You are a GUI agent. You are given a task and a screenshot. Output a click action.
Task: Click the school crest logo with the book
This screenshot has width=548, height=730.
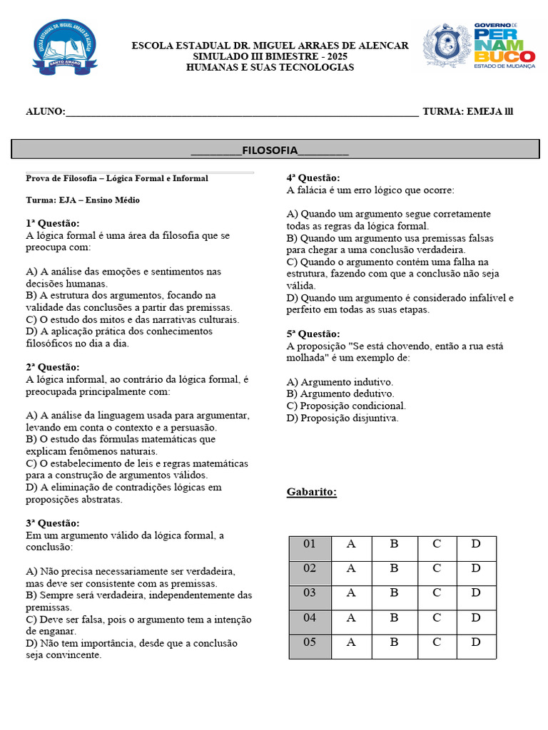tap(65, 46)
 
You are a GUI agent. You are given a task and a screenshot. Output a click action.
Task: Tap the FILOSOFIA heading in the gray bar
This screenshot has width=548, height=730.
tap(270, 150)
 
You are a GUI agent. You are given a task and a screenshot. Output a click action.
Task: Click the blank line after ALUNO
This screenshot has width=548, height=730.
tap(242, 112)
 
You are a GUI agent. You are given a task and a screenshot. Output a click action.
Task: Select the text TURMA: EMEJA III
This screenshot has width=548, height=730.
tap(467, 111)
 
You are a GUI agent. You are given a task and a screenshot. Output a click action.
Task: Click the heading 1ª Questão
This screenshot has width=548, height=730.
tap(53, 223)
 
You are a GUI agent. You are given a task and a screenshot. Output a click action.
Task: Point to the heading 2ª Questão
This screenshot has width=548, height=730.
tap(53, 367)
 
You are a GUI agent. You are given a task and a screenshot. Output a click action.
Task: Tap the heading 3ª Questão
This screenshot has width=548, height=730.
tap(53, 523)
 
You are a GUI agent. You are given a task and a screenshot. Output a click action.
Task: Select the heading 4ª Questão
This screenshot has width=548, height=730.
tap(313, 178)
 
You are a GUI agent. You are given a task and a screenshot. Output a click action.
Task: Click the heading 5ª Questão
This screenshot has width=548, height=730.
tap(313, 334)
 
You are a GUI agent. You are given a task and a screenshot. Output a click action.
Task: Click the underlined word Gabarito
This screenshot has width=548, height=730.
tap(312, 492)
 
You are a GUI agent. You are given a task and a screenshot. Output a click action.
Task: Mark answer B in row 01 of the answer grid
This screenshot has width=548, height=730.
tap(394, 545)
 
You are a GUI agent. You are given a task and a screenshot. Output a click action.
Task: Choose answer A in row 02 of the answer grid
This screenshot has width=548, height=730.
tap(351, 569)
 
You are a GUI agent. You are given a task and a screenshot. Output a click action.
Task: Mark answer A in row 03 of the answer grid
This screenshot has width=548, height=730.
tap(351, 593)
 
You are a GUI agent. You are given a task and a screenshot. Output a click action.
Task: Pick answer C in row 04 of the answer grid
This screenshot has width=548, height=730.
tap(437, 618)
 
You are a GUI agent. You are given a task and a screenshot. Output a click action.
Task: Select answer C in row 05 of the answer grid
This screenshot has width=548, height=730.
tap(437, 642)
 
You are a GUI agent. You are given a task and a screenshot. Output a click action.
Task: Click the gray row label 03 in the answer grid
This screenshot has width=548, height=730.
tap(310, 593)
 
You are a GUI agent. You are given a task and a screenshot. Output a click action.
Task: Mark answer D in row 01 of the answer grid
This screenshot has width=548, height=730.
tap(476, 545)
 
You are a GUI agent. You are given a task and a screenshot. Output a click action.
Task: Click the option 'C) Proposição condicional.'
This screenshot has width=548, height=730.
tap(346, 406)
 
